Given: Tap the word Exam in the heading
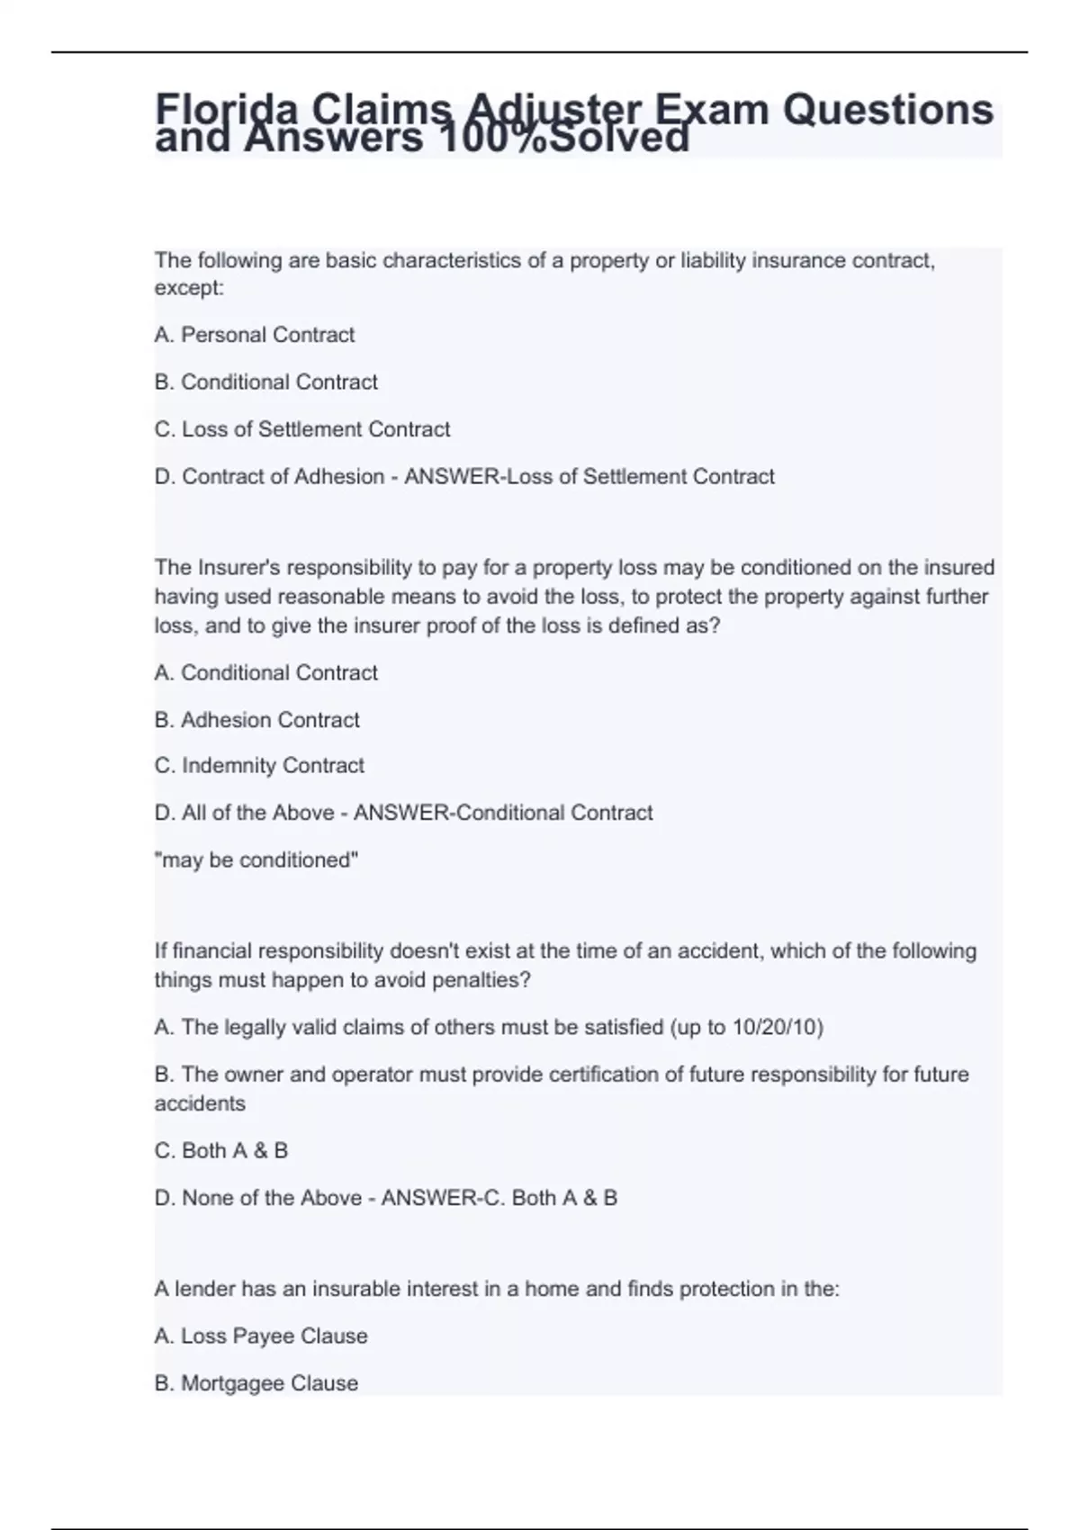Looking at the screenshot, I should [x=711, y=109].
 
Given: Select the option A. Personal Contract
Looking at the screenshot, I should [x=255, y=335].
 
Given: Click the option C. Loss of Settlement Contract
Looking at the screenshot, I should [x=302, y=429].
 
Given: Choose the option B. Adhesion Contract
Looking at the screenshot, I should [x=257, y=720].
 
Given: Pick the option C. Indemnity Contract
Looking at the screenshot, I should [x=259, y=766].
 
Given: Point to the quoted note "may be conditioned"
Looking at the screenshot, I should [x=256, y=860].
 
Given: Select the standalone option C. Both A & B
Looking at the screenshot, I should [x=221, y=1151].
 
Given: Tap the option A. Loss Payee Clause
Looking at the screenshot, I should [x=261, y=1336].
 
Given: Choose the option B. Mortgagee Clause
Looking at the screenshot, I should [x=256, y=1383].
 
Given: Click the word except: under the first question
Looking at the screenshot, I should [x=189, y=289].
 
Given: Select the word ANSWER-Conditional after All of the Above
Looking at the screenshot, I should [x=460, y=813].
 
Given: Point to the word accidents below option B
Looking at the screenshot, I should [x=200, y=1104].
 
